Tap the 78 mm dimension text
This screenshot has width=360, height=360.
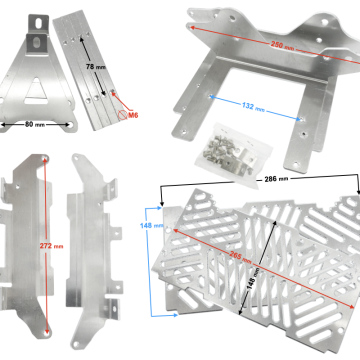pos(94,66)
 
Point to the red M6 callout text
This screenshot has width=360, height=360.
pos(133,116)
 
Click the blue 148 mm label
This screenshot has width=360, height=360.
pos(146,226)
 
